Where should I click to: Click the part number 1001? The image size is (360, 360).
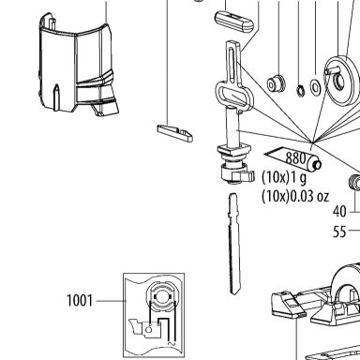[x=80, y=301]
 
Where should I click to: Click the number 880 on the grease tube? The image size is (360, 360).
[x=295, y=157]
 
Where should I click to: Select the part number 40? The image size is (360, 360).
[x=339, y=212]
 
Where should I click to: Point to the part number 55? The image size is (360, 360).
[x=339, y=232]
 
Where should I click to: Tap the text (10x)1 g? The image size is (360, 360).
[x=284, y=177]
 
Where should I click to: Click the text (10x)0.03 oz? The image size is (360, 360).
[x=295, y=196]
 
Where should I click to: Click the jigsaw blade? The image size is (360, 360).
[x=234, y=244]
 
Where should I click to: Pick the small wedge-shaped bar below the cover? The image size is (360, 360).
[x=175, y=133]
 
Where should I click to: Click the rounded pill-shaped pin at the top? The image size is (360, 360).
[x=234, y=21]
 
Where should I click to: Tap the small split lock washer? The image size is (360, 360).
[x=300, y=90]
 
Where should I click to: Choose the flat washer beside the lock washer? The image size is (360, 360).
[x=315, y=87]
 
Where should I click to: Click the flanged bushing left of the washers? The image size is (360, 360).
[x=276, y=83]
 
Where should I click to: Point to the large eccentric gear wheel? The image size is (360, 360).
[x=340, y=81]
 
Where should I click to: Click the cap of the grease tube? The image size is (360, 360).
[x=315, y=163]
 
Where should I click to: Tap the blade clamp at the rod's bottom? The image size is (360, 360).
[x=236, y=172]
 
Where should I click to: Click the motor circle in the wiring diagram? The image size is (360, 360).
[x=161, y=295]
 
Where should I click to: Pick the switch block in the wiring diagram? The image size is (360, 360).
[x=151, y=329]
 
